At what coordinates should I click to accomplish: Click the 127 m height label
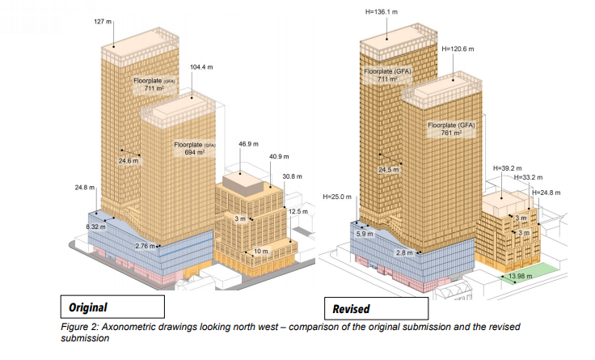click(103, 22)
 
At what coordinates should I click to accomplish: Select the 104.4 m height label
click(201, 67)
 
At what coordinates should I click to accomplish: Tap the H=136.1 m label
click(382, 12)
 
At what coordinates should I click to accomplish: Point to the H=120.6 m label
click(458, 49)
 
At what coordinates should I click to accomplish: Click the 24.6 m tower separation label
click(129, 161)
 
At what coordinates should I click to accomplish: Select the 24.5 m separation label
click(389, 170)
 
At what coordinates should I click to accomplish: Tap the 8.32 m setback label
click(95, 227)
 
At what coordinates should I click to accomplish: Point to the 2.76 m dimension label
click(145, 246)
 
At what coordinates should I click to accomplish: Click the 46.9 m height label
click(248, 144)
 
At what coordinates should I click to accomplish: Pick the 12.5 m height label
click(298, 211)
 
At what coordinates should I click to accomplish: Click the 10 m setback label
click(260, 252)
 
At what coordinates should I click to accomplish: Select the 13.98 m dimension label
click(521, 276)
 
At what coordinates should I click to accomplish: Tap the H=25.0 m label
click(337, 197)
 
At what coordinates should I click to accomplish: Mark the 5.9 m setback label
click(365, 234)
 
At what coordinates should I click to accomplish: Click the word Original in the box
click(88, 307)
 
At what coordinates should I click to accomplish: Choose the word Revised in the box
click(351, 309)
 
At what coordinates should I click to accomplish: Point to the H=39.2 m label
click(508, 168)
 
